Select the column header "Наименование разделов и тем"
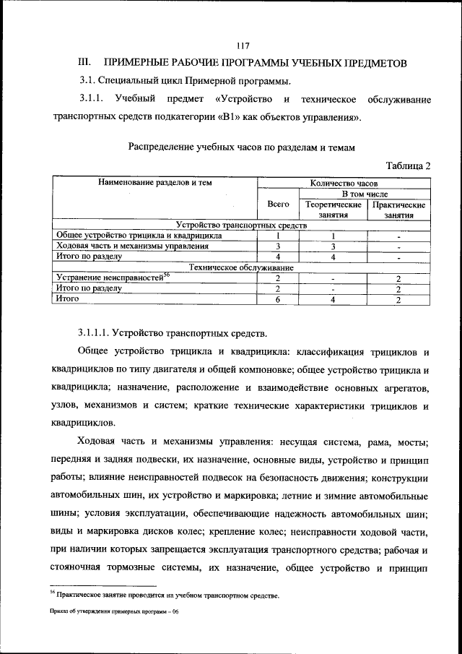(155, 184)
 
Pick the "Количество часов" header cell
(344, 184)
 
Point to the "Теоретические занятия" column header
(333, 210)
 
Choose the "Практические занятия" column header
(398, 210)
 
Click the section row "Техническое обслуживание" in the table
(241, 267)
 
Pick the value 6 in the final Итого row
(278, 298)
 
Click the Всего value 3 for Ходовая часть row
(278, 246)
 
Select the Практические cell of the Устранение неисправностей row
(398, 277)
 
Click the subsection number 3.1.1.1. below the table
(100, 333)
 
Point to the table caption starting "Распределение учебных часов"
(242, 147)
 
